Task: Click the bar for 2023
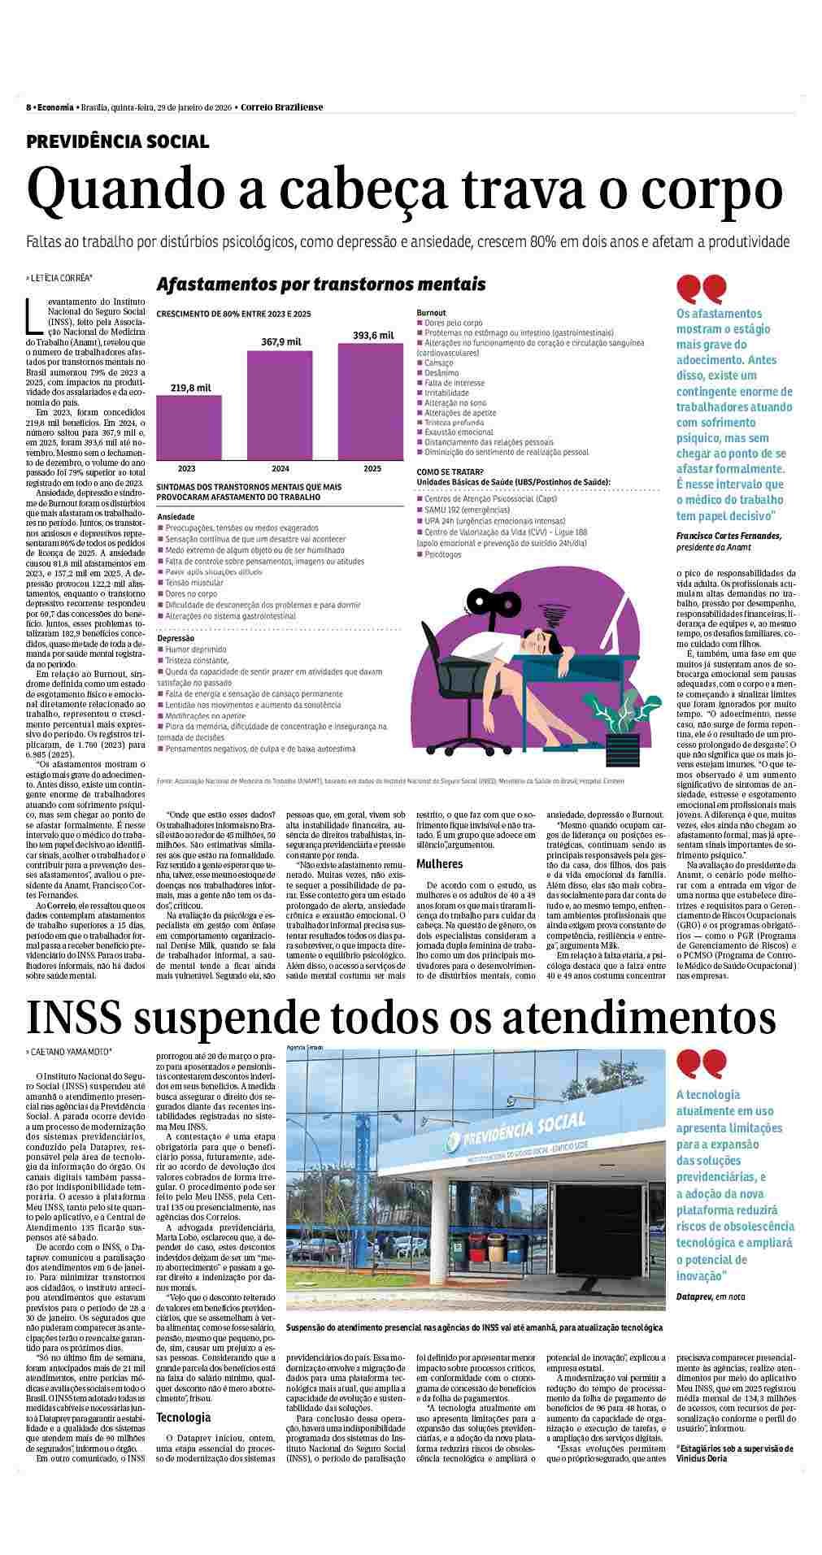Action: [x=189, y=427]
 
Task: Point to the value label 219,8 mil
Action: [x=190, y=388]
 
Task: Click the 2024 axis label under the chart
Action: [x=280, y=469]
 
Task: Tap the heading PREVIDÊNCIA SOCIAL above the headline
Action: [x=118, y=142]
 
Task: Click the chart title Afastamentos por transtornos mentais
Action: [x=321, y=284]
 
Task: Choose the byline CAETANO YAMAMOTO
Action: [x=72, y=1052]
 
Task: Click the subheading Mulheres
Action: [x=439, y=864]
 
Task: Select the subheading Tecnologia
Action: [x=183, y=1417]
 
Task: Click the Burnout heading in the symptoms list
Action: [x=431, y=312]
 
